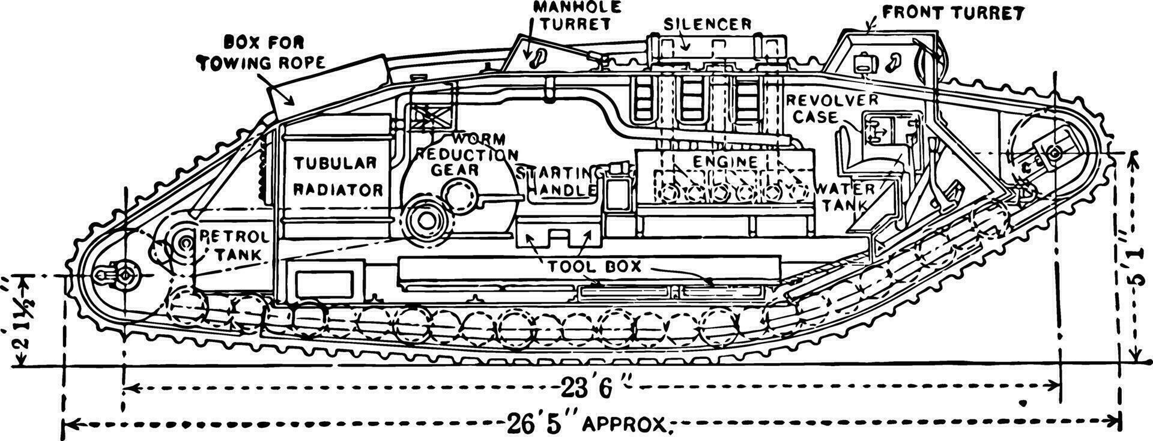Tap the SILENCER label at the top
[707, 24]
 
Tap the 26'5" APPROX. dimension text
[586, 424]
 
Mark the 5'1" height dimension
[1133, 258]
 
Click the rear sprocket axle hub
[124, 275]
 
